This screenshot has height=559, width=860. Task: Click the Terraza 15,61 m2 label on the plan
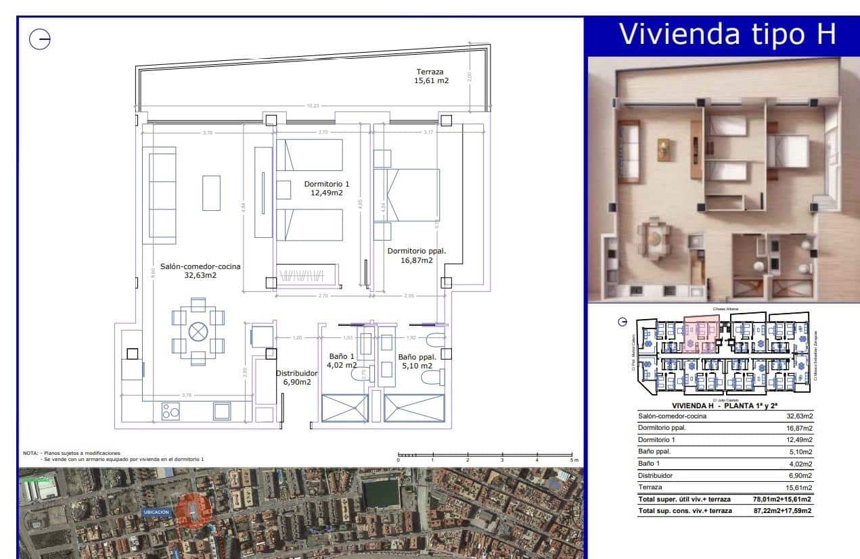pos(432,76)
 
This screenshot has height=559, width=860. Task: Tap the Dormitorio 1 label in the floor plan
pos(327,188)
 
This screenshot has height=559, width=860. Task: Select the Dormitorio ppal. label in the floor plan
pos(415,256)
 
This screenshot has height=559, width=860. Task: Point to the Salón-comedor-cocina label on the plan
pos(200,270)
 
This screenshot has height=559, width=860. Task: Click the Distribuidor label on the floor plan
pos(296,377)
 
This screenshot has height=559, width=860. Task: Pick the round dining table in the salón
pos(198,331)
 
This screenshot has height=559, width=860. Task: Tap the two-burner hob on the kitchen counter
pos(170,410)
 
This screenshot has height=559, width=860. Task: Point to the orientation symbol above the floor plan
pos(40,41)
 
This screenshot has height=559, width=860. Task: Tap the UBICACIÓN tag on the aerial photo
pos(156,512)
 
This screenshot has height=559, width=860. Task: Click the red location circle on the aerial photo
pos(193,510)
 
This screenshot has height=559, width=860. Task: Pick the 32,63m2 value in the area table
pos(796,416)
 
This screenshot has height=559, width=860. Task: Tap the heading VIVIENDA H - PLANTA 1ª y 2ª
pos(723,405)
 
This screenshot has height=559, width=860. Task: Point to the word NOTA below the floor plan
pos(30,453)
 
